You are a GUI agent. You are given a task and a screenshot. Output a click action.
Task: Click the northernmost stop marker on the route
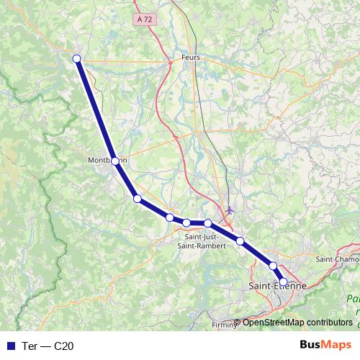tap(76, 59)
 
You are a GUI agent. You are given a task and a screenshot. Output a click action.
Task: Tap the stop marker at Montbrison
tap(115, 161)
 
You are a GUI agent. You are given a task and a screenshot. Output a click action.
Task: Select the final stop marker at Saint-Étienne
tap(283, 282)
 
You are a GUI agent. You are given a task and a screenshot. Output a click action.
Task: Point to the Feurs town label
tap(192, 58)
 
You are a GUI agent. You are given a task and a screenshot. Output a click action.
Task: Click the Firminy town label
tap(223, 325)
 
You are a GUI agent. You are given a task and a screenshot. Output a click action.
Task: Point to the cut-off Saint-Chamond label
tap(338, 258)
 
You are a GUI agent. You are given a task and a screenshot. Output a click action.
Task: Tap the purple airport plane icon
tap(230, 211)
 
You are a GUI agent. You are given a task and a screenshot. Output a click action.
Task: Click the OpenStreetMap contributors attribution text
tap(297, 322)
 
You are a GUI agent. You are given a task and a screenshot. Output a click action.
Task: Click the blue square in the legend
tap(10, 346)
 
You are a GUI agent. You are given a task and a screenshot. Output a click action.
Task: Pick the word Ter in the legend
tap(30, 346)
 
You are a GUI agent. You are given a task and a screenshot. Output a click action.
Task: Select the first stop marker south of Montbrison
tap(137, 199)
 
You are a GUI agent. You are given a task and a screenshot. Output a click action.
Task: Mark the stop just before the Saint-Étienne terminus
tap(273, 266)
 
